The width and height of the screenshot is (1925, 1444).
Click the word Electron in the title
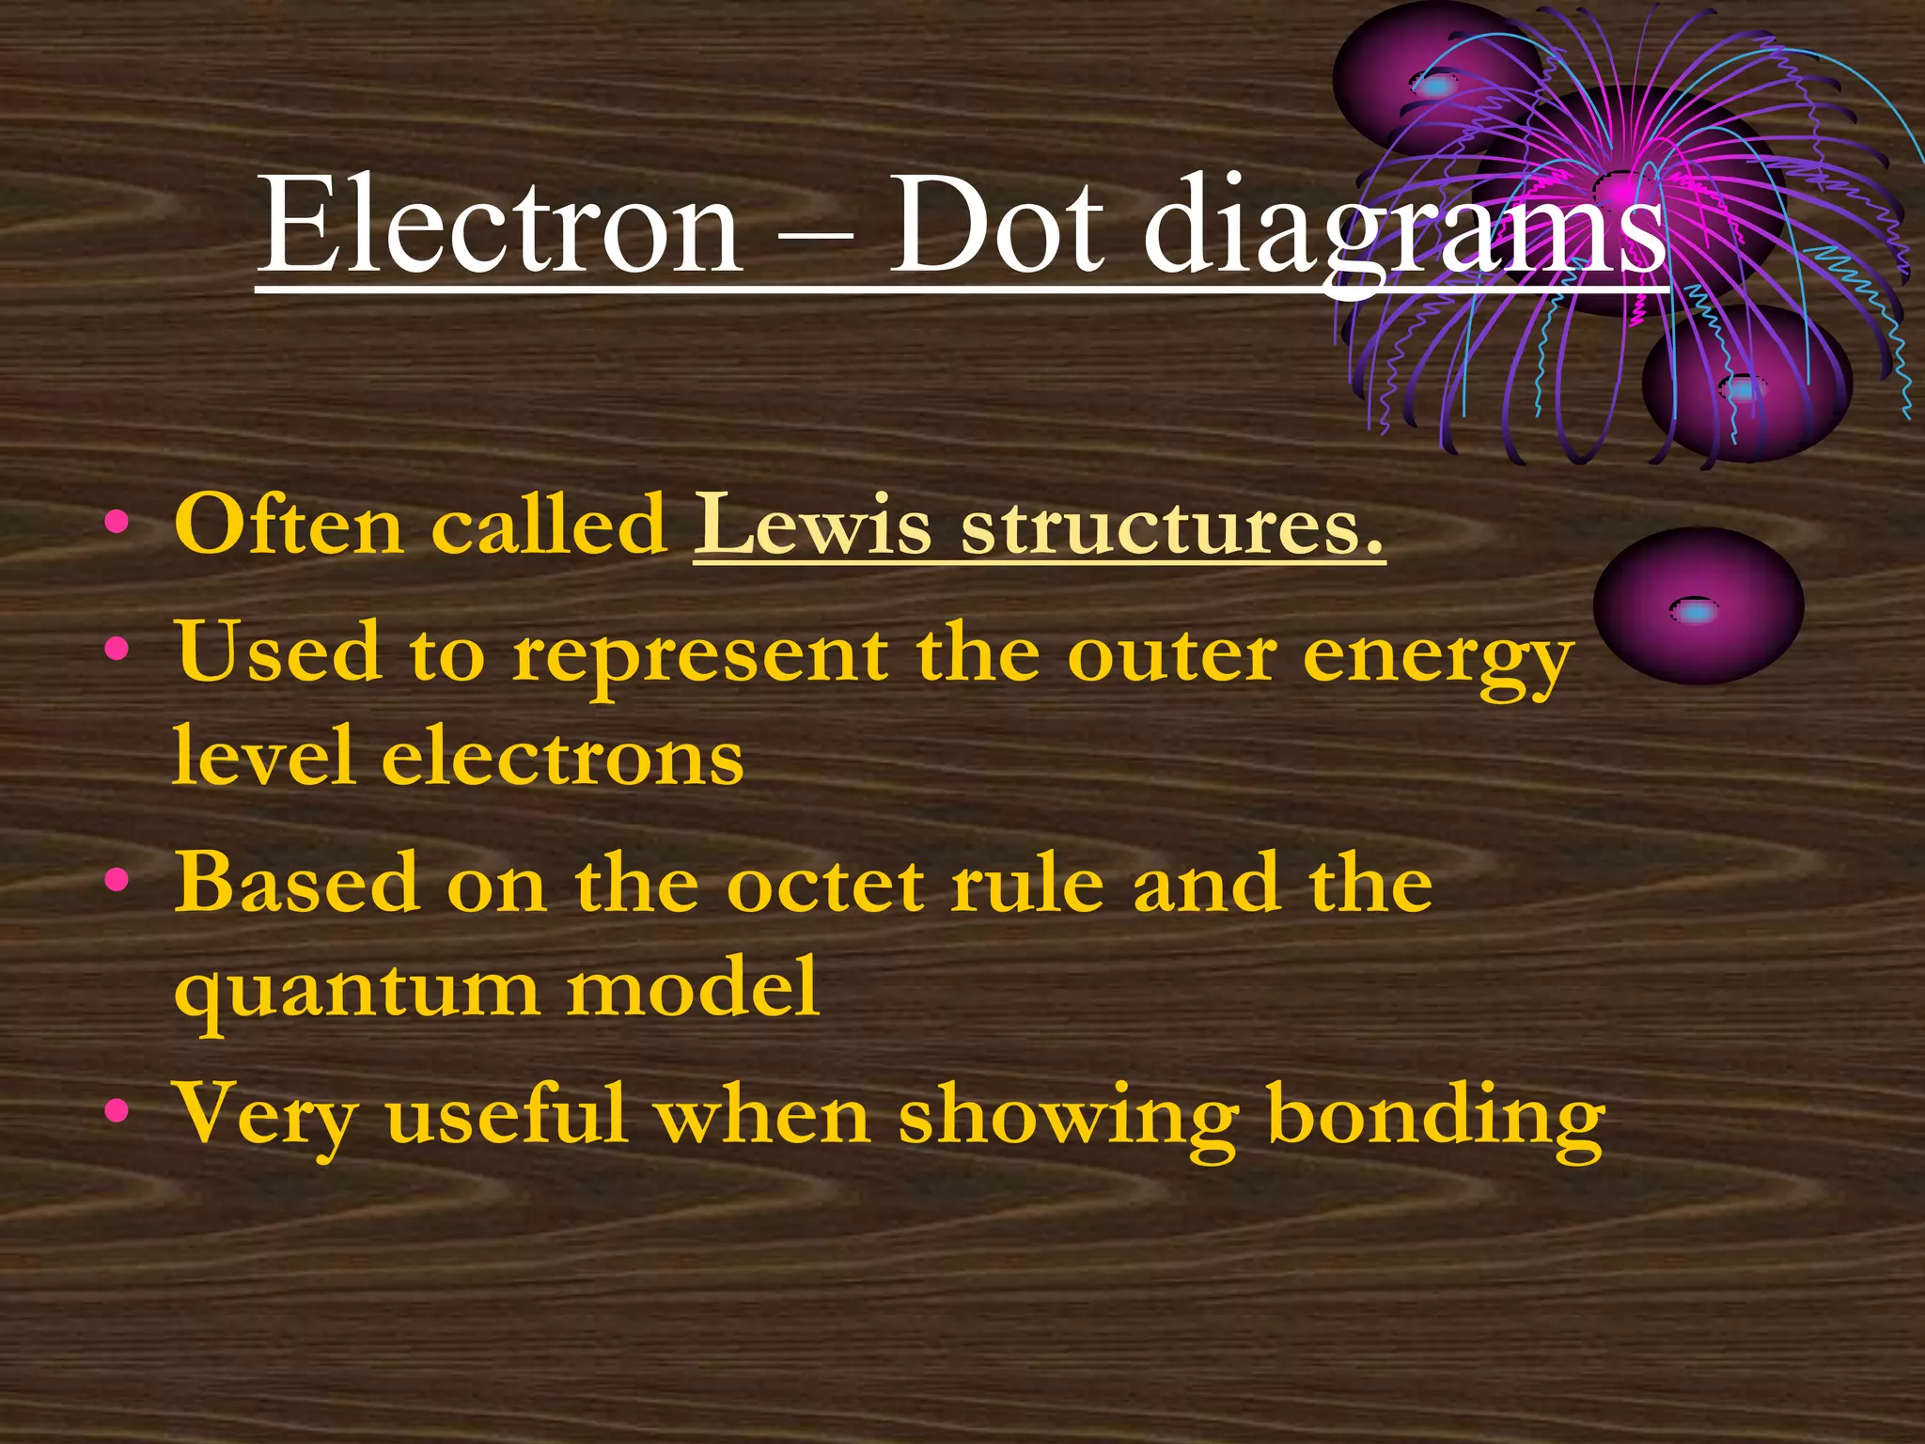tap(500, 226)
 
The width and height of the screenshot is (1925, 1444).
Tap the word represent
tap(700, 654)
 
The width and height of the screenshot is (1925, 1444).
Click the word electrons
tap(562, 758)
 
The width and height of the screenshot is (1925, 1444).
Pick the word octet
tap(827, 884)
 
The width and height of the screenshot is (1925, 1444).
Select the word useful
tap(507, 1115)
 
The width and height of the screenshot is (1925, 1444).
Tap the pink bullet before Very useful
tap(117, 1113)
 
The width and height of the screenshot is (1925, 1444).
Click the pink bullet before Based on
tap(117, 882)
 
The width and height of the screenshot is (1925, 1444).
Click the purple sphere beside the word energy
tap(1698, 607)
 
